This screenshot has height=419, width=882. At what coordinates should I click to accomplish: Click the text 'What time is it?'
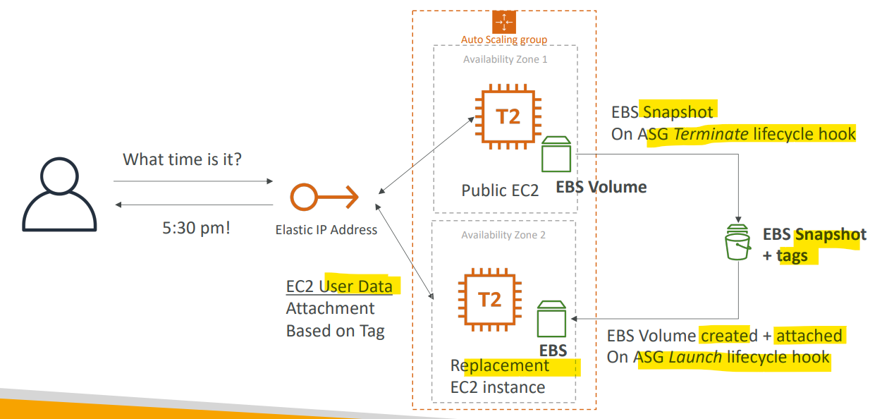[x=182, y=159]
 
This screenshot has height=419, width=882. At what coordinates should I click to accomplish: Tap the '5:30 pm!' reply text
[x=196, y=228]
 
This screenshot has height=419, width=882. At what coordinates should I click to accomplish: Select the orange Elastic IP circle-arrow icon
[x=324, y=197]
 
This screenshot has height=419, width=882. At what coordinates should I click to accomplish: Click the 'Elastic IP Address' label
[x=326, y=229]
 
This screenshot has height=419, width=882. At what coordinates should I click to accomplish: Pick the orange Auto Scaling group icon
[x=504, y=23]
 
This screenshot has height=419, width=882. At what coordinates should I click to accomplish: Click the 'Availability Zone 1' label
[x=506, y=59]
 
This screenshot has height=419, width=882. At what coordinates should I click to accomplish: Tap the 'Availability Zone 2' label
[x=503, y=235]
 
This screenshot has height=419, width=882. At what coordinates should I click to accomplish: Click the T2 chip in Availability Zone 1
[x=508, y=116]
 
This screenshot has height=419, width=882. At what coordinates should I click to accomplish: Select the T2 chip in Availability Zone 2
[x=490, y=300]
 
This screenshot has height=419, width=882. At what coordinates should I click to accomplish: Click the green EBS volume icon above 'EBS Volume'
[x=556, y=154]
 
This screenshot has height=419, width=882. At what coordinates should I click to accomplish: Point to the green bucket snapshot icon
[x=737, y=242]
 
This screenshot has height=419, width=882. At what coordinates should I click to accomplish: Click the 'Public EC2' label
[x=500, y=190]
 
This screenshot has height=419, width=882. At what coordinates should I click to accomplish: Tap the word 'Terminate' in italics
[x=711, y=134]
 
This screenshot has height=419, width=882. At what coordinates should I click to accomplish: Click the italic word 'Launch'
[x=695, y=357]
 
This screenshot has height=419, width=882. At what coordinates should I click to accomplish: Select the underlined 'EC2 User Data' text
[x=339, y=286]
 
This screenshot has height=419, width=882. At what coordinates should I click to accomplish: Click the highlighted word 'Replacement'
[x=500, y=366]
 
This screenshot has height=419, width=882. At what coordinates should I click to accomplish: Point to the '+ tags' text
[x=785, y=256]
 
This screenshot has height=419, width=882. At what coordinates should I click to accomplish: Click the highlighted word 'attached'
[x=809, y=336]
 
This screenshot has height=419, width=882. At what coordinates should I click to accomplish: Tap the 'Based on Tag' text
[x=336, y=332]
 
